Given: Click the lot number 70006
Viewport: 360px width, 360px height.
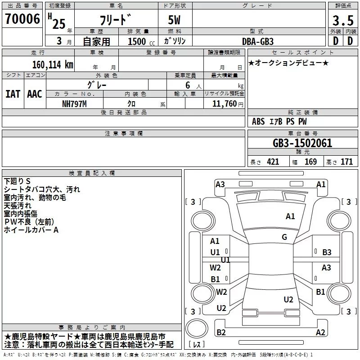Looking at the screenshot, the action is (x=22, y=19).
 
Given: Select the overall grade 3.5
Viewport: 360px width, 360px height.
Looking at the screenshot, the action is (x=343, y=20).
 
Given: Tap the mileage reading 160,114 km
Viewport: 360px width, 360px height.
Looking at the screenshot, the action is (x=53, y=65).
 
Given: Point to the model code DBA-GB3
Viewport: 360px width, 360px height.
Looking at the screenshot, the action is (x=258, y=41).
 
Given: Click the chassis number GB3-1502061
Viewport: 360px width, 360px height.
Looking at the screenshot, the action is (x=302, y=143).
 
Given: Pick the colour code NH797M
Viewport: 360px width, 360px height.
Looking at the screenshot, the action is (x=74, y=104).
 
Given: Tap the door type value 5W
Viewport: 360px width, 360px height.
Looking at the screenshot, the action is (x=174, y=20).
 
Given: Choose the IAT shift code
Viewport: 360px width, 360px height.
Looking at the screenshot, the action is (x=13, y=94).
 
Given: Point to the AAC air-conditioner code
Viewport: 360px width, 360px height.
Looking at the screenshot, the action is (x=35, y=94).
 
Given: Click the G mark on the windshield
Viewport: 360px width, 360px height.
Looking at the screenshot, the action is (x=284, y=237).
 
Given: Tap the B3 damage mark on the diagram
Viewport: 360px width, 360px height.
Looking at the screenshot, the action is (x=327, y=252).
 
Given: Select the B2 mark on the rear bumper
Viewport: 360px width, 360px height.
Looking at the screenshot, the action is (x=221, y=332).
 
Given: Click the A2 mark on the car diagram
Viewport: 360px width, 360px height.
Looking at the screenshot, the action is (x=320, y=332).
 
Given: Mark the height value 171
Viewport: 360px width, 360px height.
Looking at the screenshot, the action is (x=346, y=162).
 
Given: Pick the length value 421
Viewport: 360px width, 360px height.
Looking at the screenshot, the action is (x=273, y=162).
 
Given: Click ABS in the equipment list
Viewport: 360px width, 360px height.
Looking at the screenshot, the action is (x=258, y=121).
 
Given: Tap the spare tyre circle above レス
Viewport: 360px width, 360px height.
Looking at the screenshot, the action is (x=197, y=328).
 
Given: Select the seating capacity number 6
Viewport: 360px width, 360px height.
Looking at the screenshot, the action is (x=188, y=85).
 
